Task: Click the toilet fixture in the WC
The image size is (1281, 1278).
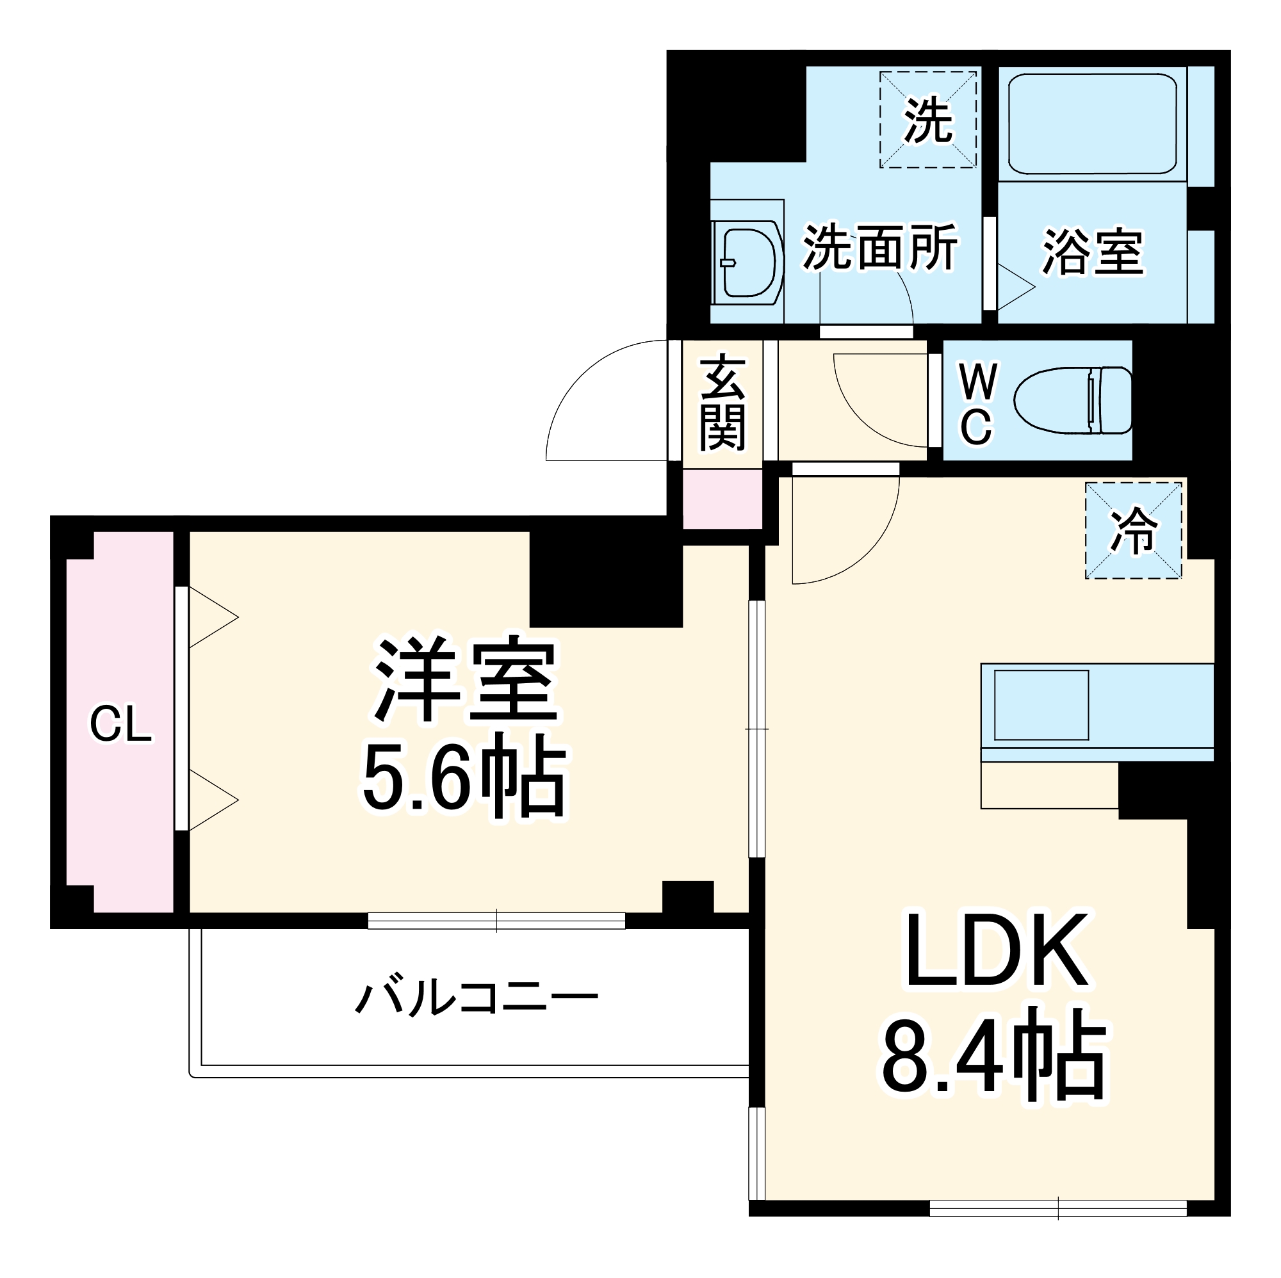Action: tap(1073, 400)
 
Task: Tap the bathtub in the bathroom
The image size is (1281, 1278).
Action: tap(1092, 124)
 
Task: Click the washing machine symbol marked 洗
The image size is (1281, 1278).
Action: tap(927, 120)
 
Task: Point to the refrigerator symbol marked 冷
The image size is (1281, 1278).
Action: tap(1133, 531)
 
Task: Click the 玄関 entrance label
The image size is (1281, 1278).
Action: tap(722, 402)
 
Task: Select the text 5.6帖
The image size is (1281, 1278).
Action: tap(464, 775)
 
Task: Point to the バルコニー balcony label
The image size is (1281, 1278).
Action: tap(476, 998)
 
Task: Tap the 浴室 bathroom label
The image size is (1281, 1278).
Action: tap(1093, 252)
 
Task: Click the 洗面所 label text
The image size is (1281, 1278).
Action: tap(880, 247)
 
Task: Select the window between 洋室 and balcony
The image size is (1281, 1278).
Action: tap(496, 921)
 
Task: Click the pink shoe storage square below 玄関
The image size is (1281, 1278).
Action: tap(722, 499)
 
